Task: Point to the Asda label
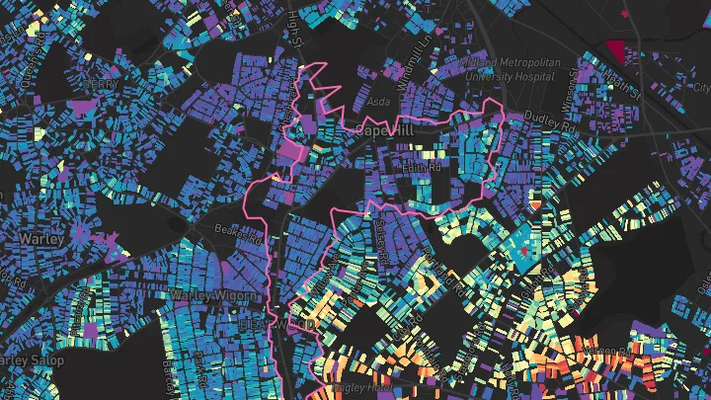[x=379, y=101]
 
